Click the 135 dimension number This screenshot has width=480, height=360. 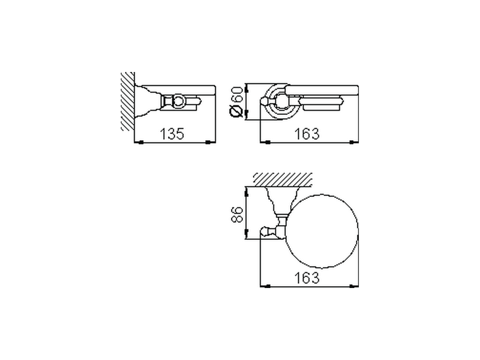172,133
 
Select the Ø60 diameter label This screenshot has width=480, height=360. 237,102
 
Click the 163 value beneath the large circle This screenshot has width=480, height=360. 306,278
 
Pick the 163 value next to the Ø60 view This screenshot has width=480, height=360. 306,133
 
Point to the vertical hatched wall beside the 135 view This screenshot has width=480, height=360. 127,101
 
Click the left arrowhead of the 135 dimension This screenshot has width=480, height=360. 141,142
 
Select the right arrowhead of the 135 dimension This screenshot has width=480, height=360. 208,142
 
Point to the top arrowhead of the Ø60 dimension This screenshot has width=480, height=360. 246,89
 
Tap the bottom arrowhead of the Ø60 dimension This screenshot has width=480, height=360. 246,114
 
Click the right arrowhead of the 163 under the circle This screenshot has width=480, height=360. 352,286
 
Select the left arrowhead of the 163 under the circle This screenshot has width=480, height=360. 267,286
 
